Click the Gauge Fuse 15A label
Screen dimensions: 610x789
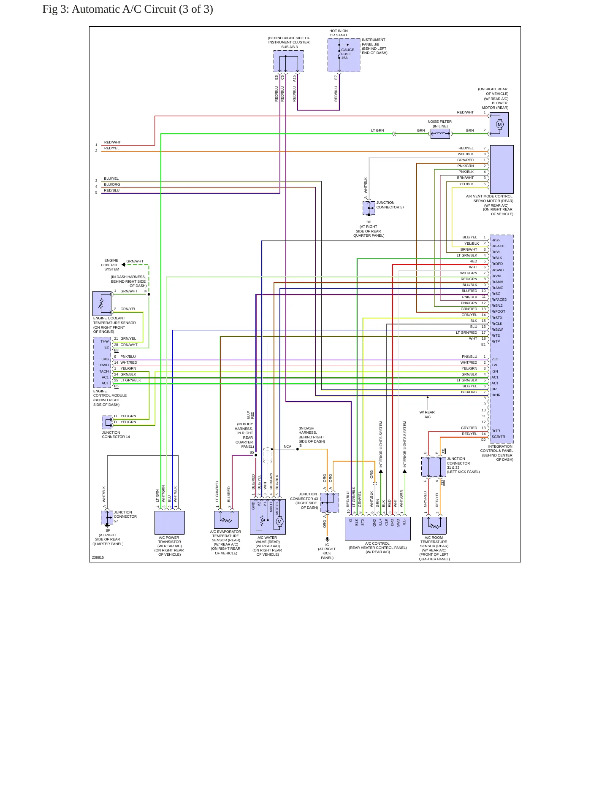click(347, 54)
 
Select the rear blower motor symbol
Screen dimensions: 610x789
click(500, 124)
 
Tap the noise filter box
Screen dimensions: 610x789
click(440, 134)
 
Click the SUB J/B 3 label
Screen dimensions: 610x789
click(289, 47)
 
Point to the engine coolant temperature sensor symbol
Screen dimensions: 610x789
click(102, 303)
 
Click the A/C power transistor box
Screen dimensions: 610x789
click(169, 522)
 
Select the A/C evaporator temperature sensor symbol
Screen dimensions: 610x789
click(226, 519)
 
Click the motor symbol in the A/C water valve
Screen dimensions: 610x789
click(279, 522)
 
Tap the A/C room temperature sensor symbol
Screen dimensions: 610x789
click(434, 525)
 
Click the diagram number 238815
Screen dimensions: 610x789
click(98, 557)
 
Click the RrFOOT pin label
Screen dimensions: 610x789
click(498, 311)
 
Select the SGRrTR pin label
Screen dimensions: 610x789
click(498, 437)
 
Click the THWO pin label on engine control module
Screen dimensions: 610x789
click(103, 365)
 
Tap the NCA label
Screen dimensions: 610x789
click(287, 446)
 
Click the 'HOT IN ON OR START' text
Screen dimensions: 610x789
click(339, 33)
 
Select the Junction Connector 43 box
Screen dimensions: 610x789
click(329, 503)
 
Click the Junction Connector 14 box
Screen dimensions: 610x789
click(107, 422)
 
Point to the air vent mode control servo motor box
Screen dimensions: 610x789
click(502, 169)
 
